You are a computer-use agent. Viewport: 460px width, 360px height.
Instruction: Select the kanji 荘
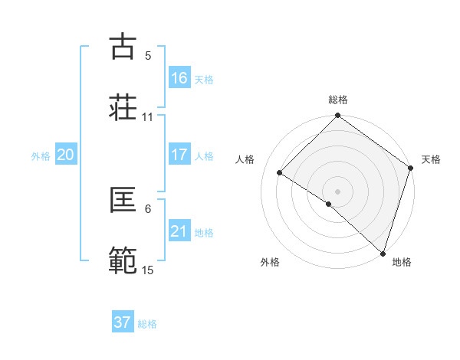coord(123,106)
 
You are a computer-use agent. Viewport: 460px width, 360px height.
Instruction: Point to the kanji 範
coord(123,260)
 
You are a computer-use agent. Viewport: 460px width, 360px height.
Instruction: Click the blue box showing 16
coord(179,78)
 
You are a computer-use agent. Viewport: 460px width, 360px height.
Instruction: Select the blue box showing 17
coord(179,155)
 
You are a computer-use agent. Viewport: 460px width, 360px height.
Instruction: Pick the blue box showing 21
coord(179,231)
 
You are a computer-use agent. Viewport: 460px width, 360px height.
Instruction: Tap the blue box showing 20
coord(66,155)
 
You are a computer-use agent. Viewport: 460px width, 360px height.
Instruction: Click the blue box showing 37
coord(123,322)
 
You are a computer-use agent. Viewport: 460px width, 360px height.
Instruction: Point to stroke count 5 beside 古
coord(148,56)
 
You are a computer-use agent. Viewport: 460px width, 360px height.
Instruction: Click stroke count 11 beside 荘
coord(148,117)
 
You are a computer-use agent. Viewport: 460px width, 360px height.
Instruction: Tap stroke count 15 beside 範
coord(148,270)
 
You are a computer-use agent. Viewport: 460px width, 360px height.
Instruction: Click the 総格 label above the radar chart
coord(338,100)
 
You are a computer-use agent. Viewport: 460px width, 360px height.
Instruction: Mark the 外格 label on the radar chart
coord(270,262)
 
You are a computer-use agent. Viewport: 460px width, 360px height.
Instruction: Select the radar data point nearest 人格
coord(280,172)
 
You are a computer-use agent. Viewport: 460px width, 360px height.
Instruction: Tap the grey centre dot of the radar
coord(338,191)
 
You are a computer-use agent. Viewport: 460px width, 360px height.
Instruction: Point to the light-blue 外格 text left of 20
coord(41,155)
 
